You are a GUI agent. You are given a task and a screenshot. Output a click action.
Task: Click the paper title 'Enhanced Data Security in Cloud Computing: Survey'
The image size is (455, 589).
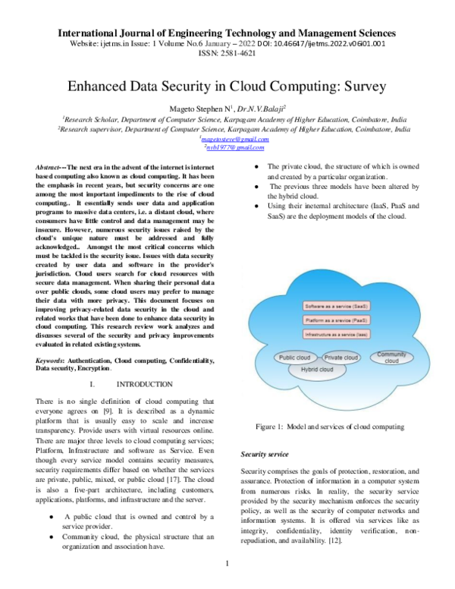click(x=227, y=87)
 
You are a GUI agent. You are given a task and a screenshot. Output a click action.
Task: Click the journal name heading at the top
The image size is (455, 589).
click(x=227, y=33)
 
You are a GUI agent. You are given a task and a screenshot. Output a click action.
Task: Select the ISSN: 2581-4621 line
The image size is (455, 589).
click(x=227, y=54)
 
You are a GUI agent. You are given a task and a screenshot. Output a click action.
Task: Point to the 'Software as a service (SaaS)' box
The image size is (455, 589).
click(x=337, y=305)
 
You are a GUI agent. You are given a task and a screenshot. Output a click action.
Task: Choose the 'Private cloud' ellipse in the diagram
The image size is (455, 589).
click(x=340, y=357)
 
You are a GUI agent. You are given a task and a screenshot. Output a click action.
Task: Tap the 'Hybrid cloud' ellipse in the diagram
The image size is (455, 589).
click(x=316, y=370)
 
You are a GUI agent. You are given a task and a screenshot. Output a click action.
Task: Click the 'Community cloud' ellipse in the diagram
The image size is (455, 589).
click(x=391, y=357)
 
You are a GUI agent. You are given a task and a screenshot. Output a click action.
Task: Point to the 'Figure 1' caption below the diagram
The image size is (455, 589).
click(x=330, y=427)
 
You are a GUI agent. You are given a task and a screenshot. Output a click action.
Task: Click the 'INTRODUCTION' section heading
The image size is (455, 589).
click(x=138, y=385)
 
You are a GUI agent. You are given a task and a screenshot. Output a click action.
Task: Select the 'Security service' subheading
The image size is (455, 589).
click(x=264, y=454)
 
